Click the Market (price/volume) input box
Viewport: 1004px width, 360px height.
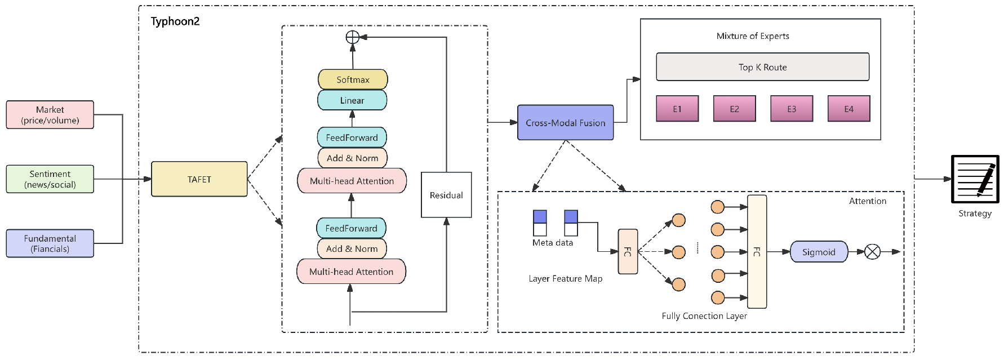(x=50, y=115)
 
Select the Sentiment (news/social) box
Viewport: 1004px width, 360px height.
(x=50, y=179)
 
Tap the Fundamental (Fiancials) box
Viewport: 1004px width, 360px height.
(x=50, y=243)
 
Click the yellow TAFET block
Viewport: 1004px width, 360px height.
(x=199, y=179)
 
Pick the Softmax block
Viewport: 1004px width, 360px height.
(x=353, y=79)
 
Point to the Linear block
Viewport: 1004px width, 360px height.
(x=352, y=100)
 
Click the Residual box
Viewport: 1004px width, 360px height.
(x=446, y=195)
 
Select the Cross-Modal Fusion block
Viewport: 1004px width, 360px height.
(x=565, y=123)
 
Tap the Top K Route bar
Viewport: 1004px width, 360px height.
(x=762, y=67)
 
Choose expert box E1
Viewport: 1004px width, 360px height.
(x=677, y=109)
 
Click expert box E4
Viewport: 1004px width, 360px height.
(x=848, y=109)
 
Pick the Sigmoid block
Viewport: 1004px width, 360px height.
(x=819, y=252)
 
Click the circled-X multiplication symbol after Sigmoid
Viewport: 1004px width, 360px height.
(x=872, y=252)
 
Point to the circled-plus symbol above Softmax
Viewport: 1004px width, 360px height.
(x=352, y=37)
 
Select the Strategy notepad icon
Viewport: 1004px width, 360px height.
(x=975, y=179)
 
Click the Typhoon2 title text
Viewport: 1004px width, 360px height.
(x=175, y=21)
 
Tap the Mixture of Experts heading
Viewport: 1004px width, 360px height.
(x=753, y=36)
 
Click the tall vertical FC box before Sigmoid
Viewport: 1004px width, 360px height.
(x=757, y=252)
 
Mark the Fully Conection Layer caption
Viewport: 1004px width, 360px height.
(x=704, y=316)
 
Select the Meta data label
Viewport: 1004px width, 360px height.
(x=552, y=243)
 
